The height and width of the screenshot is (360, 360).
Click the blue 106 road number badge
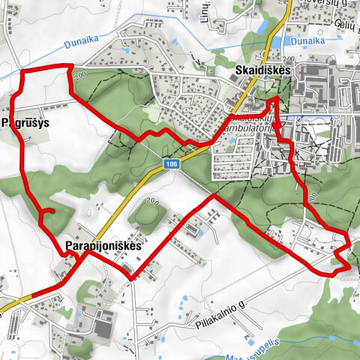(172, 163)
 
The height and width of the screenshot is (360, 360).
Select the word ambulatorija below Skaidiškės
(247, 128)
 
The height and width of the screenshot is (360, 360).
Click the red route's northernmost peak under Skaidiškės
(275, 98)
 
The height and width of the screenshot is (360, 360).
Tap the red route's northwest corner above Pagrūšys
(21, 71)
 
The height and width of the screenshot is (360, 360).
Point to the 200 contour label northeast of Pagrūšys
(81, 76)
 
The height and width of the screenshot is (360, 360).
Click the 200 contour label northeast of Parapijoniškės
(152, 202)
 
